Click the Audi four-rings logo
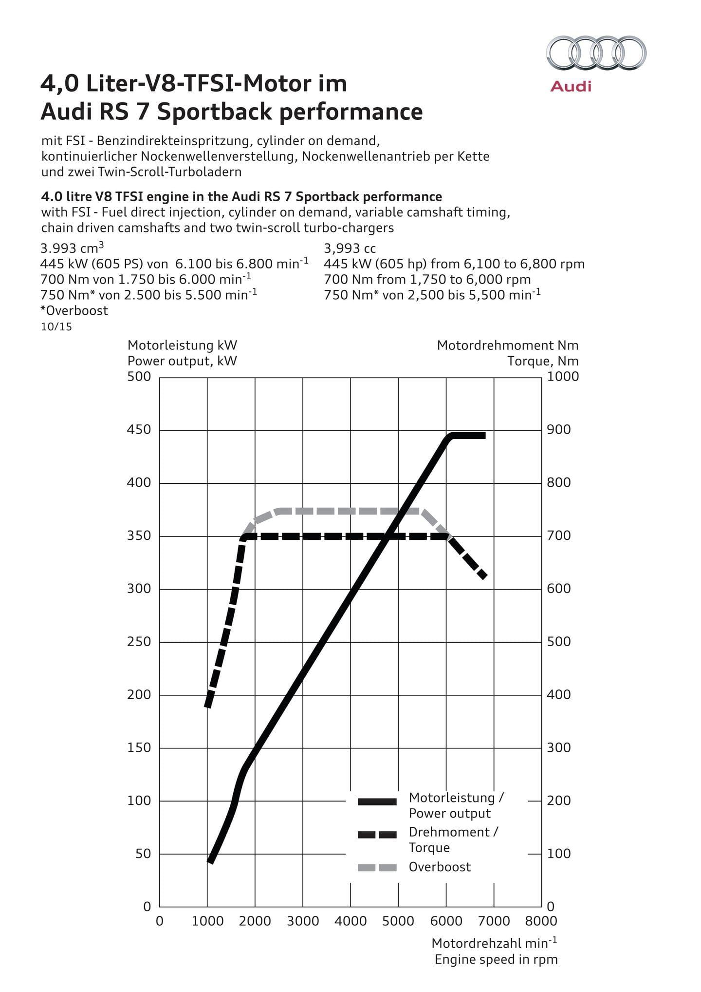pos(596,53)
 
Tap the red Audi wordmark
pos(571,87)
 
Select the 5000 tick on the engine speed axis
pos(398,921)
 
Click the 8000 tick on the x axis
pos(541,921)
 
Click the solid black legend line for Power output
pos(377,802)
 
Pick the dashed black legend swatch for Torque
pos(377,835)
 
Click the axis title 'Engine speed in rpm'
pos(496,959)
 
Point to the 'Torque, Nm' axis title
pos(543,361)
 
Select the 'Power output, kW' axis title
pos(182,361)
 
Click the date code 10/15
pos(56,326)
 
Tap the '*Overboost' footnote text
pos(74,310)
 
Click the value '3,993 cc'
pos(350,248)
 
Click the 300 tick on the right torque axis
pos(559,747)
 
